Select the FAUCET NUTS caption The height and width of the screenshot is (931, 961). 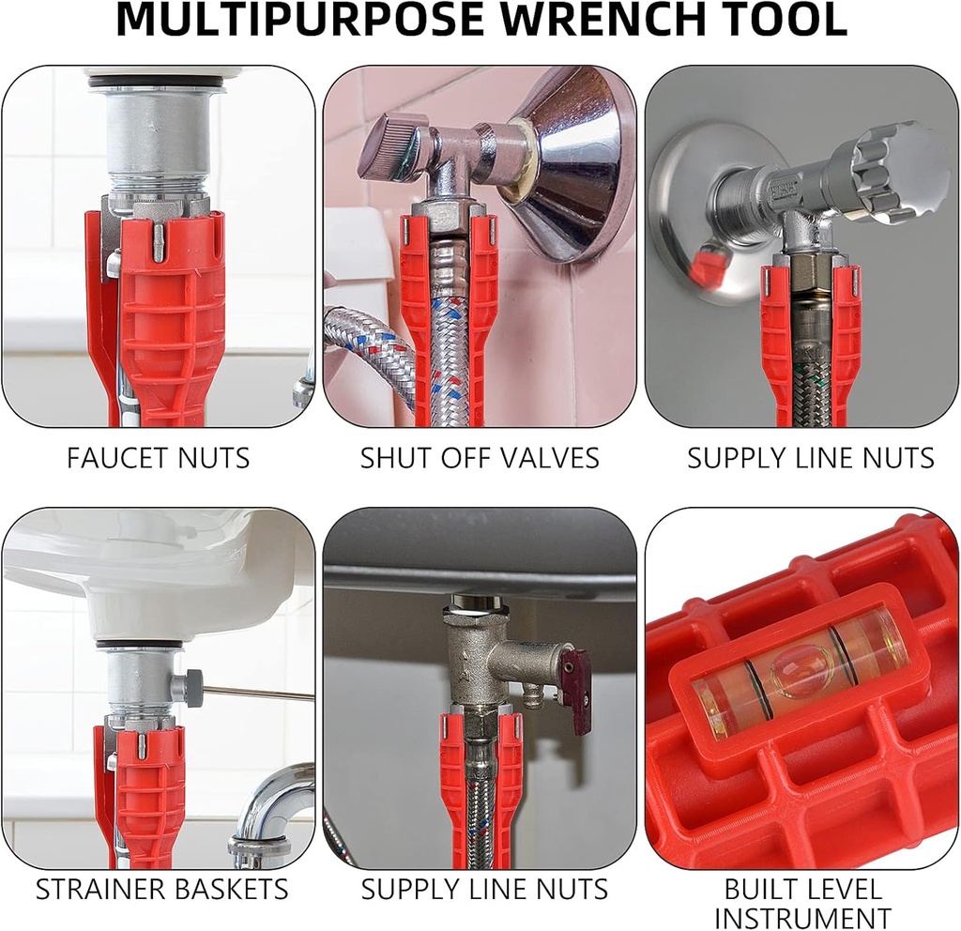(158, 458)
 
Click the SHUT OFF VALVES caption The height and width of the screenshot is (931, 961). (480, 458)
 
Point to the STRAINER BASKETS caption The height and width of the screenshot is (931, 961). (161, 889)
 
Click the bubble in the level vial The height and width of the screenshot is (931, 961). (800, 667)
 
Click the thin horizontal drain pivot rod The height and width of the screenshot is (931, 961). (258, 694)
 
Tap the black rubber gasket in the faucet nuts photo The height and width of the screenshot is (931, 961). (156, 82)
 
